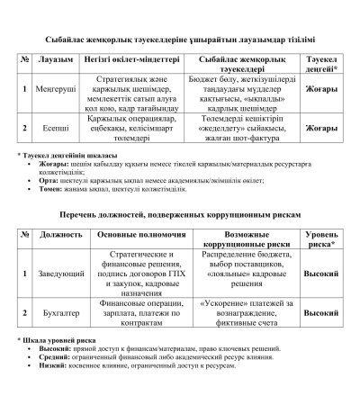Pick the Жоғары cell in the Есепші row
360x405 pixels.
pos(322,129)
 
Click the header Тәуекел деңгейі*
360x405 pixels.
pos(322,61)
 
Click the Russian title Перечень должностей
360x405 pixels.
pos(180,216)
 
